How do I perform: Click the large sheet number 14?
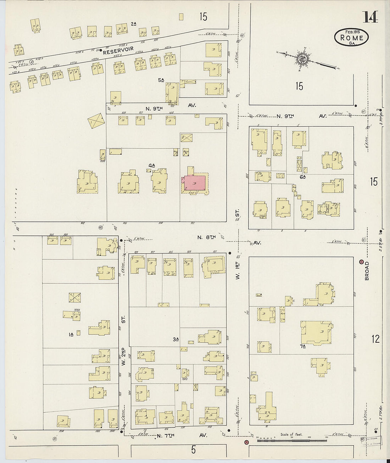click(x=370, y=17)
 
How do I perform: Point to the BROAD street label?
click(x=367, y=271)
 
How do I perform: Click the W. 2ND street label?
click(x=124, y=357)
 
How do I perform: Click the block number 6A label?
click(x=302, y=177)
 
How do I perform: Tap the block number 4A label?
click(x=152, y=165)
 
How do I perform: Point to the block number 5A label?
click(x=161, y=80)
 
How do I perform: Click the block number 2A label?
click(x=133, y=24)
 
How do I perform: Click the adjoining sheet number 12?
click(x=375, y=339)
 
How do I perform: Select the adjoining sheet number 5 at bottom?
click(x=193, y=450)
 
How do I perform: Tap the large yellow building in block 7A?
click(x=316, y=332)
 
